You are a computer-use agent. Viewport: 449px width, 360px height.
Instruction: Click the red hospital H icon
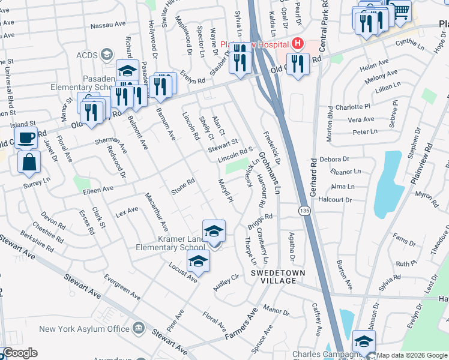tap(296, 44)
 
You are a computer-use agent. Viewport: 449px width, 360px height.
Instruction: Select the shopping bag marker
tap(29, 161)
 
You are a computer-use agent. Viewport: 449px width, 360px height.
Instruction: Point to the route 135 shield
tap(304, 211)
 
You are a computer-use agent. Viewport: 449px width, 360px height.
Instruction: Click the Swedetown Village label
tap(273, 277)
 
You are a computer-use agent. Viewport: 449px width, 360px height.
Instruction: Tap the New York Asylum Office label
tap(85, 329)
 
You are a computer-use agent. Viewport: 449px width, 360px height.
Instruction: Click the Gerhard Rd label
tap(313, 180)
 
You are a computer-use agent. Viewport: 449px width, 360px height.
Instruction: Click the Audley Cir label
tap(226, 283)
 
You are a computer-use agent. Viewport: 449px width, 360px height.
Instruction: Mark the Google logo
tap(20, 353)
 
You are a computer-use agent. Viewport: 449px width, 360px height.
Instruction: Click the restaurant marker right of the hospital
tap(298, 64)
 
